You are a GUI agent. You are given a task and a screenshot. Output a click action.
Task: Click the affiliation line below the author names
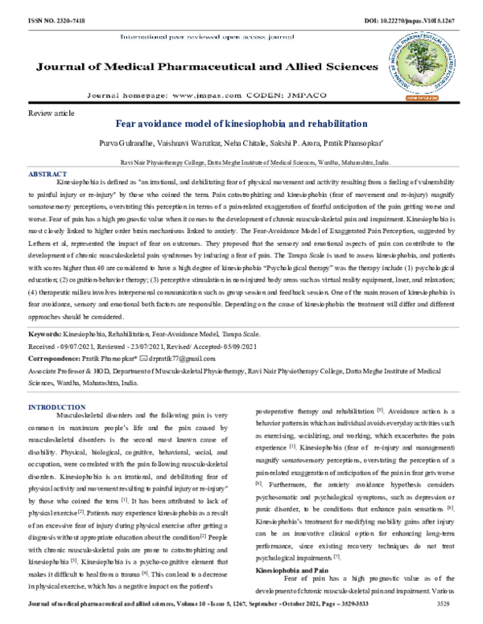242,161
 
